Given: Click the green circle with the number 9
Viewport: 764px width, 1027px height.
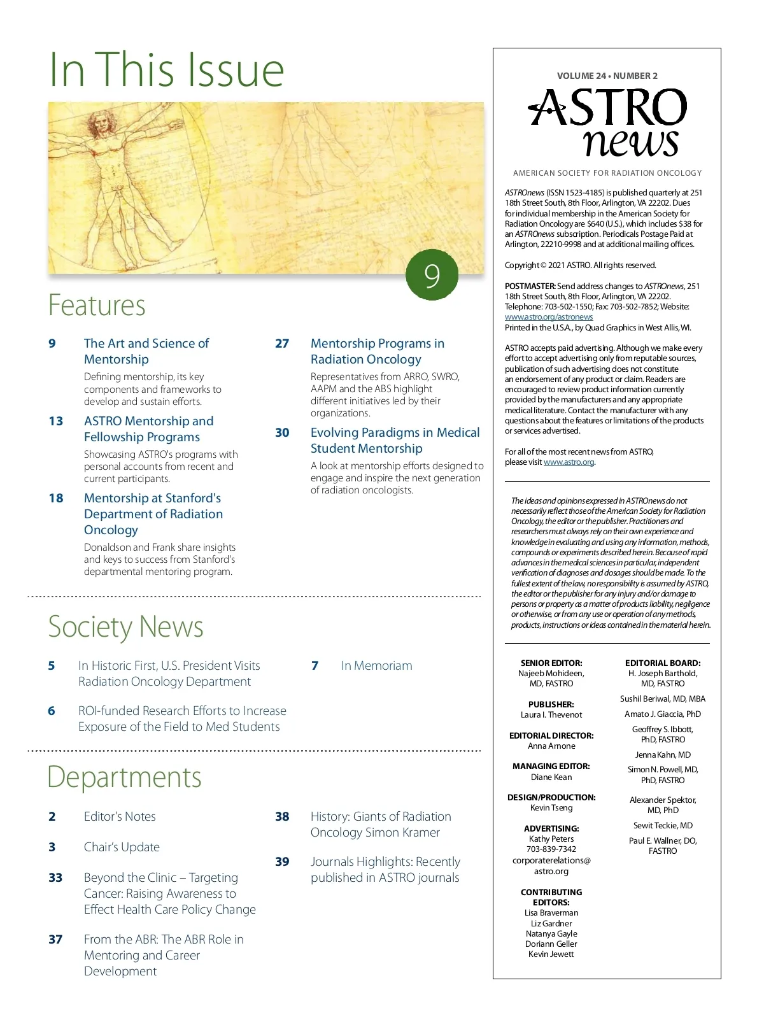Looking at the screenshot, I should [432, 275].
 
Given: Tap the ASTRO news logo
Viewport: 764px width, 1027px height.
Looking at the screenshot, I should [608, 122].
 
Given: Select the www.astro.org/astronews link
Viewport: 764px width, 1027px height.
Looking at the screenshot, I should [548, 317].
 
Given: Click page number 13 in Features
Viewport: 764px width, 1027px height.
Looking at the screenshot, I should [56, 421].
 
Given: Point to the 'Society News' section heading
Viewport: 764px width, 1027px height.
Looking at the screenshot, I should [125, 627].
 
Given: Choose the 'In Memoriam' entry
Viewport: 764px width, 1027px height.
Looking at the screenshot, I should [376, 666].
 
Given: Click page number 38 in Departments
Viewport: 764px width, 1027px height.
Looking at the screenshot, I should [282, 817].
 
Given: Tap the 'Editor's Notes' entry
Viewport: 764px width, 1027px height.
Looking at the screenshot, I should [120, 817].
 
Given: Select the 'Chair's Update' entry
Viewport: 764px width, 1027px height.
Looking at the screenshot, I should [122, 847].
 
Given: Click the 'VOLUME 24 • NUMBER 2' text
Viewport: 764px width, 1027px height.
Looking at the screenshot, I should [607, 76].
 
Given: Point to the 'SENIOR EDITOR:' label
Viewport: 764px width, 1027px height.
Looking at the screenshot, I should [551, 663].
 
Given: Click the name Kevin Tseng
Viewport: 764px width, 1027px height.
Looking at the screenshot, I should [551, 808].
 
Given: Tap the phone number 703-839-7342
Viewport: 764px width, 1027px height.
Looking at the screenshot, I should [551, 849].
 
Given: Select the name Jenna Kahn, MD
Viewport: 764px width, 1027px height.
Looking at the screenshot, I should [663, 755].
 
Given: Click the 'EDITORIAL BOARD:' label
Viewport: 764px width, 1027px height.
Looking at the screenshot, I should [663, 663].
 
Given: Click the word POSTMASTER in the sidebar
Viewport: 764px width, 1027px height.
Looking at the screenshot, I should [530, 287].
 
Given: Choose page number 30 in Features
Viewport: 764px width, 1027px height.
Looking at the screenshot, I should [282, 433].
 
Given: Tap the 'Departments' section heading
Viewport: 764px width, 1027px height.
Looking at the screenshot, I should [124, 777].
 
